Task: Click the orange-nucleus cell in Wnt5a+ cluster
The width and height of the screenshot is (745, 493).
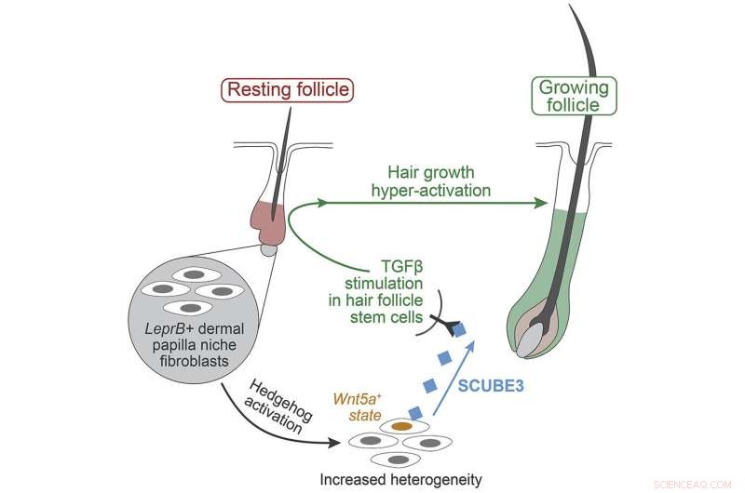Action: (x=401, y=425)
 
